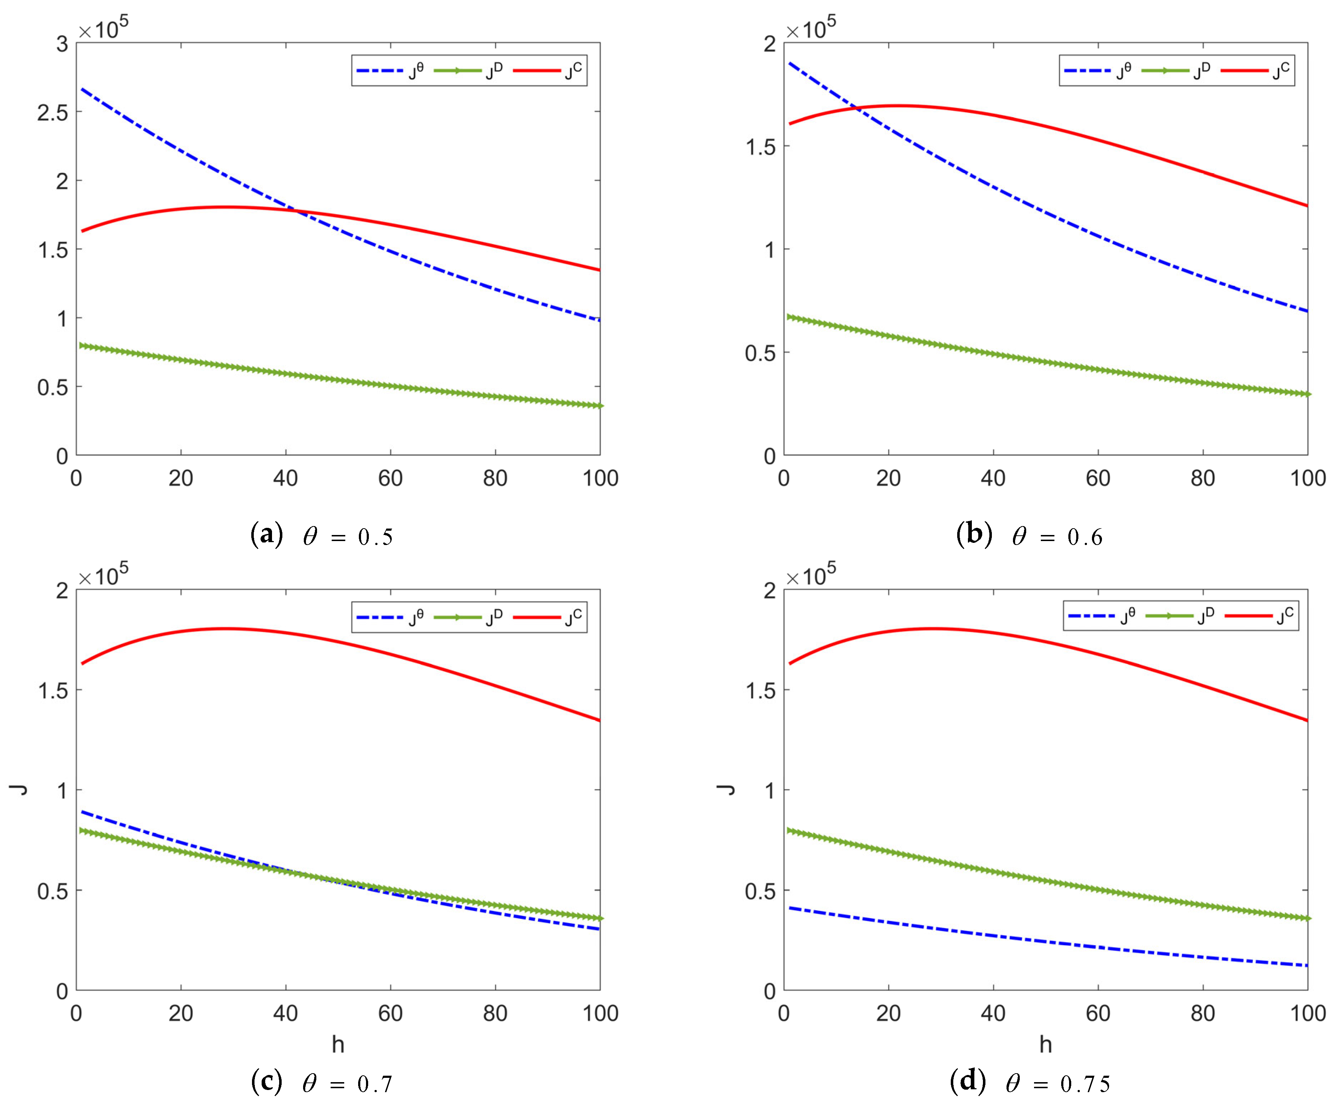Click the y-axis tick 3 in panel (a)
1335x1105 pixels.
tap(62, 44)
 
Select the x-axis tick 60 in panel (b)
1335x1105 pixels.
tap(1098, 478)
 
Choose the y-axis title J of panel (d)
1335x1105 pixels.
tap(727, 790)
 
